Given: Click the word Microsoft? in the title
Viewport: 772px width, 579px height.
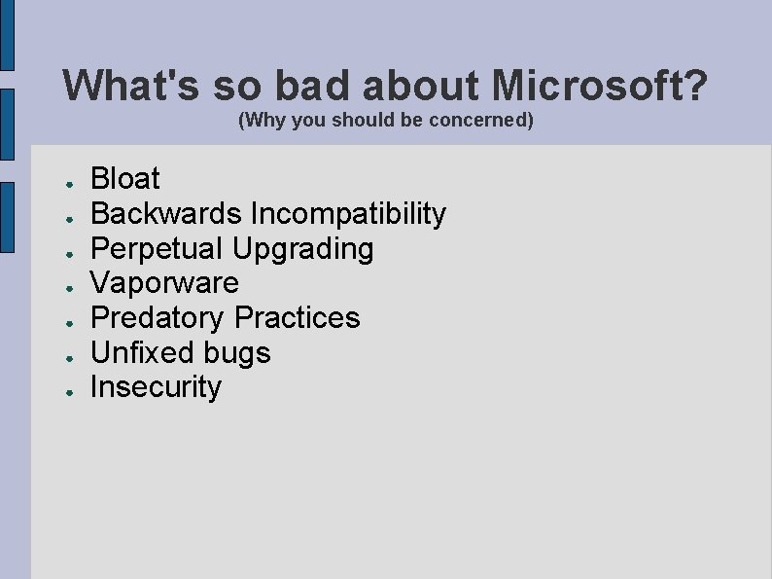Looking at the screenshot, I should [600, 86].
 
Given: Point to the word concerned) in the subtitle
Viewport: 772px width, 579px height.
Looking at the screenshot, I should [488, 122].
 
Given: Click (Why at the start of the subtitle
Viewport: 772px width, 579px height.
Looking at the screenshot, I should [258, 122].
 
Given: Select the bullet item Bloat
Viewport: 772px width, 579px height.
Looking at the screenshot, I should [125, 179].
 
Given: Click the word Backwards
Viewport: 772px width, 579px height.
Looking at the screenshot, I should [166, 213].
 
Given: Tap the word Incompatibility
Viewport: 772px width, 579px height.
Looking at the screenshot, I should [348, 213].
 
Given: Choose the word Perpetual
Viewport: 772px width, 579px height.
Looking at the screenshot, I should [157, 248].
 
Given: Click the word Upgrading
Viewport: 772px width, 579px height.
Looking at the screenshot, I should [302, 249].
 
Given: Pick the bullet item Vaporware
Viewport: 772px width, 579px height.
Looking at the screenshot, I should [164, 283].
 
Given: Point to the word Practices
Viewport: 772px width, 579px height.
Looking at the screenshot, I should [298, 317].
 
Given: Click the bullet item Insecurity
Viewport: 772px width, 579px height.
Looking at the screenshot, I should [156, 387].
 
